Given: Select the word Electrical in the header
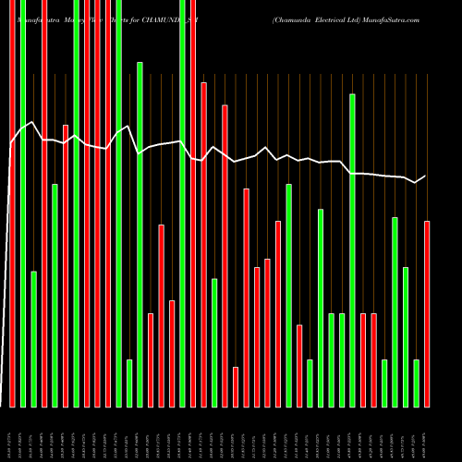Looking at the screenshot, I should point(343,19).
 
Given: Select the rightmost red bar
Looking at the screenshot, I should point(427,314).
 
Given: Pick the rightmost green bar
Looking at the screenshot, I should point(416,383).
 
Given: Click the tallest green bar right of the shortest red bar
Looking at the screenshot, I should point(352,249).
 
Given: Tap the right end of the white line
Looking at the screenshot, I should point(426,176).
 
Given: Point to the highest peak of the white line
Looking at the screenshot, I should point(32,122).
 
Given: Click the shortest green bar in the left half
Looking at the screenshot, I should point(129,383).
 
